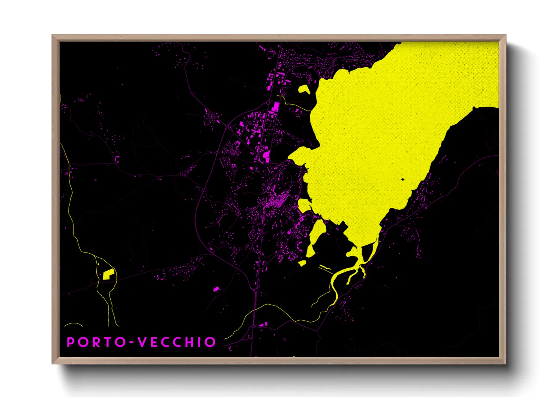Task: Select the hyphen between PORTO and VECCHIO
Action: pos(131,343)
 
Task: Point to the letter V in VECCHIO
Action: pos(142,342)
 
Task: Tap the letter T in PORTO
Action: pos(109,342)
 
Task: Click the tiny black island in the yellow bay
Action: pos(403,179)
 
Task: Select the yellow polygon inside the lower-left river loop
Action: pos(108,275)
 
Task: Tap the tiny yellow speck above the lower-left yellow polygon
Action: pos(98,265)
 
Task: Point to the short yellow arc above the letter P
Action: pos(73,324)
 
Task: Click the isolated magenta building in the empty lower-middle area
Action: pos(216,289)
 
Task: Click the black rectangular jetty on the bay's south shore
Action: pos(342,226)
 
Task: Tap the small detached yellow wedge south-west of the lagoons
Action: pos(302,263)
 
